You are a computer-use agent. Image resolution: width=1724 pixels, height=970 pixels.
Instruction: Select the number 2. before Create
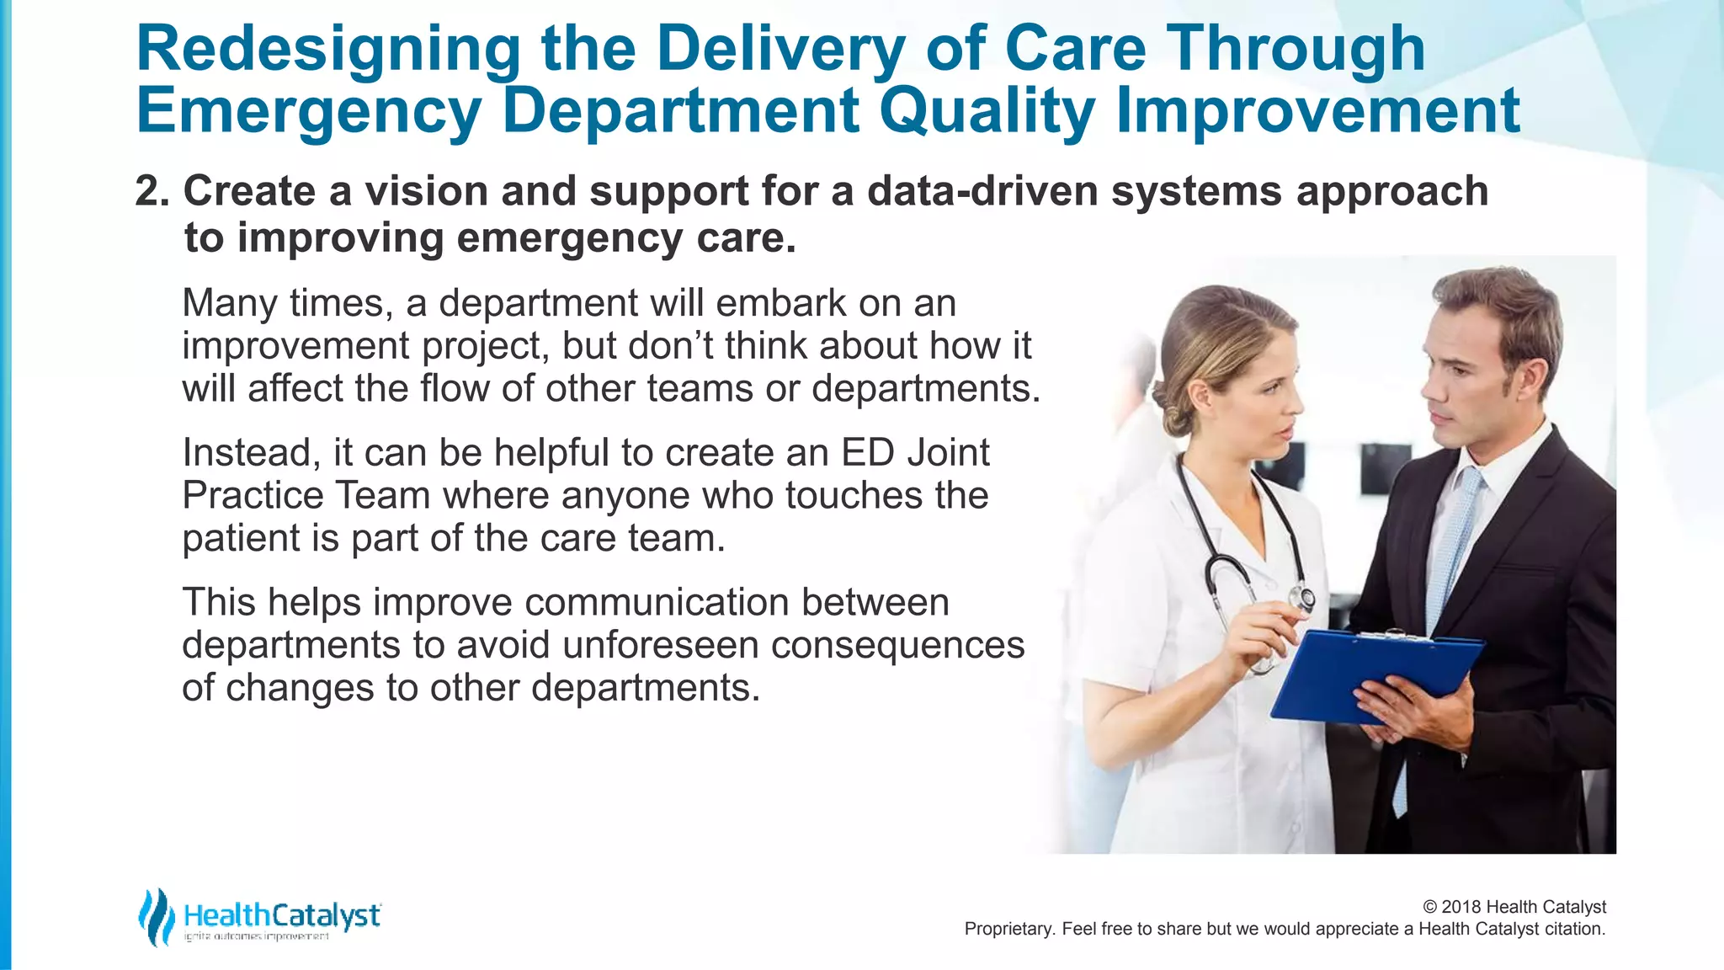tap(152, 192)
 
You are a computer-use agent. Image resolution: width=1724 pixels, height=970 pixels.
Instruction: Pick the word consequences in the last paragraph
tap(897, 646)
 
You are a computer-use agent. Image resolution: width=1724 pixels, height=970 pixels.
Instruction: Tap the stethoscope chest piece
tap(1304, 599)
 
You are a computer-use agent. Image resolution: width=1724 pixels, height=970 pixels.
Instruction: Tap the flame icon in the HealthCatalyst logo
tap(155, 918)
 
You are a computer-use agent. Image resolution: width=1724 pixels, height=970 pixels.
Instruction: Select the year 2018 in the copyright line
tap(1461, 907)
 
